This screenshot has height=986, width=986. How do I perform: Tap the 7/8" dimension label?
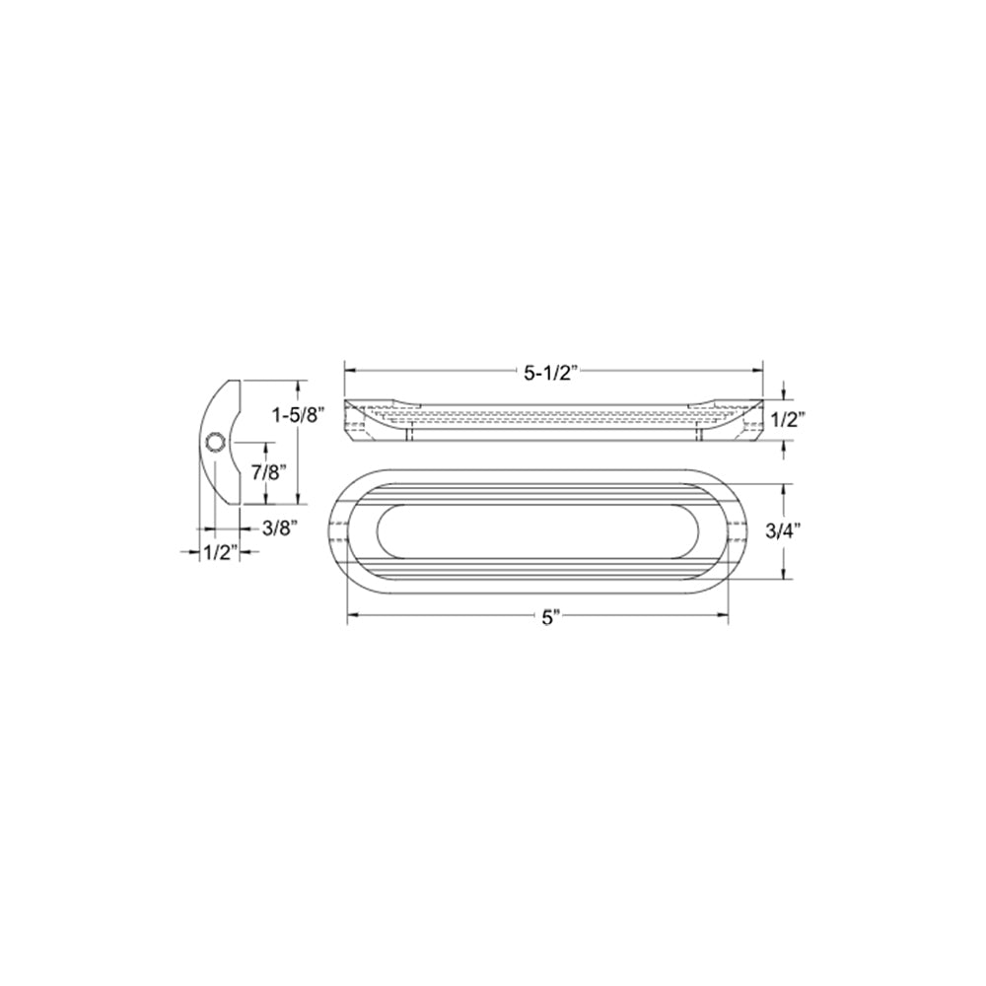[x=269, y=472]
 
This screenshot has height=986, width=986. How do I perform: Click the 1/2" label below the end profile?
[x=221, y=553]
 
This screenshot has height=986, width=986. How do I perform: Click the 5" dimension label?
[x=551, y=618]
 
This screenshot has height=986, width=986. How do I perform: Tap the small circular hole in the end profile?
[x=216, y=442]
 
